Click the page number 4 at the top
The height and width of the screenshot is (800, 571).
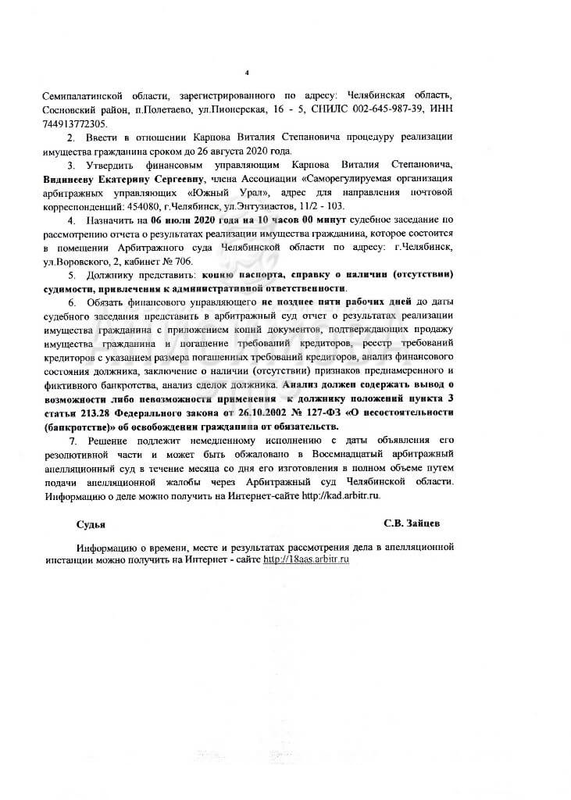point(246,74)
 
